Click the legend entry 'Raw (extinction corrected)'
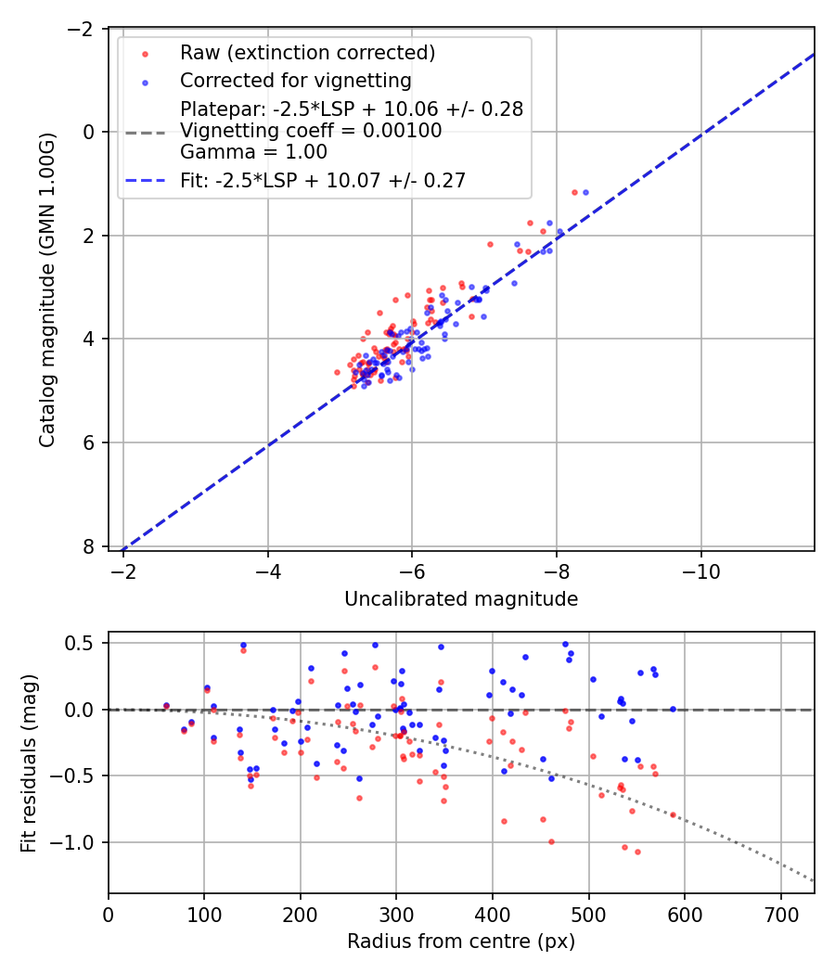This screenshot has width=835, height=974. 307,52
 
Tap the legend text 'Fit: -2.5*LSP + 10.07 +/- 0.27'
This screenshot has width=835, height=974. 323,181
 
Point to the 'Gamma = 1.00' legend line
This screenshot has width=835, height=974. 253,151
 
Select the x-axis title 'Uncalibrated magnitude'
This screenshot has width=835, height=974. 461,599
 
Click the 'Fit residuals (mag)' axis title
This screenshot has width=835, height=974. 28,763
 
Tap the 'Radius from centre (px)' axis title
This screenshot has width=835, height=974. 461,942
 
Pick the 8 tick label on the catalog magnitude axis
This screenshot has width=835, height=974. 90,546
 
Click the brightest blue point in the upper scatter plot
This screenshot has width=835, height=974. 585,192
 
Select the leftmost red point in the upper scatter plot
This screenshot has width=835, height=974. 337,372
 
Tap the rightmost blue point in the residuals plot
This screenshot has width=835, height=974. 673,710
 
